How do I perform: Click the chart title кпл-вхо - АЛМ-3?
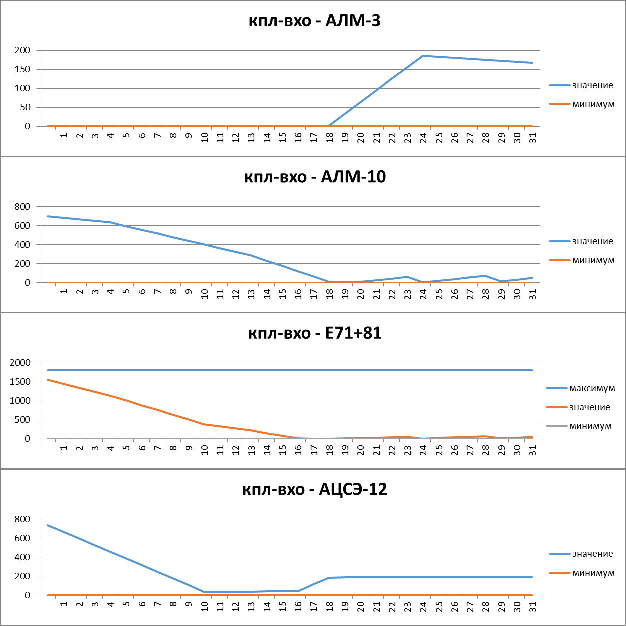pos(314,21)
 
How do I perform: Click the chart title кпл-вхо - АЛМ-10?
pos(314,177)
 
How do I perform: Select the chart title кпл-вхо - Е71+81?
pos(314,333)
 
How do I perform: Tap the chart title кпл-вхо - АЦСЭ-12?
pos(314,489)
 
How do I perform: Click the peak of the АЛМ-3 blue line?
pos(423,56)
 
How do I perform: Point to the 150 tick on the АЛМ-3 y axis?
pos(22,69)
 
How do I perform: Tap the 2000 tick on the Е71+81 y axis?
pos(20,363)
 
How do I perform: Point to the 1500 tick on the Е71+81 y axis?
pos(20,382)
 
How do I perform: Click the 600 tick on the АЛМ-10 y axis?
pos(22,225)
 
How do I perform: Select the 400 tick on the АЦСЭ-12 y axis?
pos(22,557)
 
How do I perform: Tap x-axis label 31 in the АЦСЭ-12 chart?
pos(533,605)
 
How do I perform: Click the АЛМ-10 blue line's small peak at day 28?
pos(485,276)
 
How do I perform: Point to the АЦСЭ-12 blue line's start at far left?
pos(48,525)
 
